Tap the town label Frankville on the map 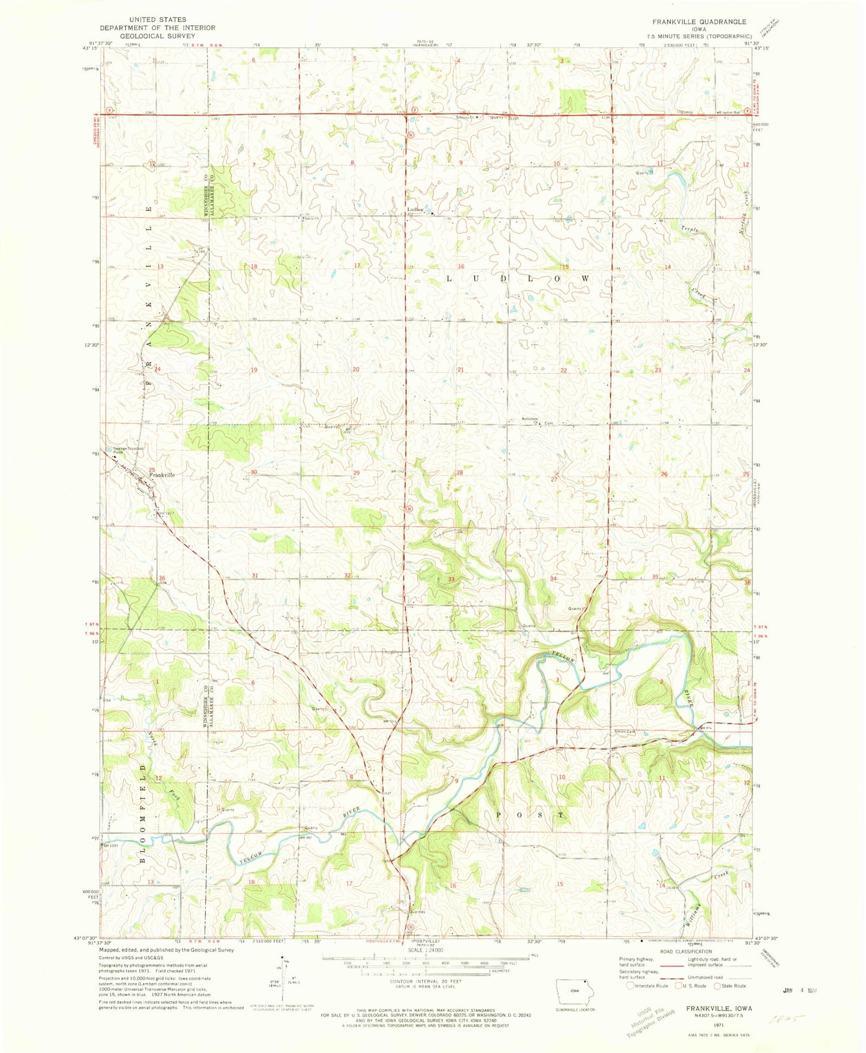[162, 475]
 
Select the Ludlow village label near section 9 [415, 209]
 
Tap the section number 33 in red [451, 579]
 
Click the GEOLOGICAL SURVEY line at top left [157, 36]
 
